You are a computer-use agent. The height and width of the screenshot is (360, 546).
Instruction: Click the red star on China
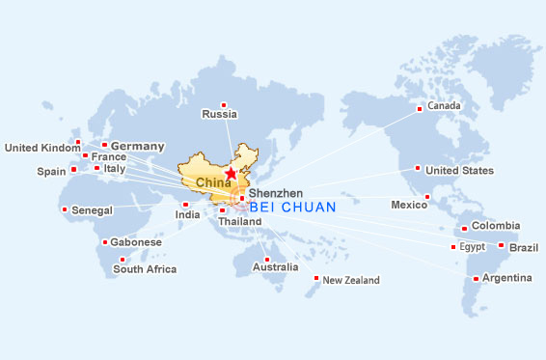coord(230,174)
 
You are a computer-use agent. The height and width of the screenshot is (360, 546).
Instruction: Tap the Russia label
coord(219,115)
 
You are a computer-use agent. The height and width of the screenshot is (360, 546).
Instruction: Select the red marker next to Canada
coord(420,108)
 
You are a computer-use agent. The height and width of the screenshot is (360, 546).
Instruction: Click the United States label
coord(459,171)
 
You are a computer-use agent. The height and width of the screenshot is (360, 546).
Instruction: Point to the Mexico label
coord(408,205)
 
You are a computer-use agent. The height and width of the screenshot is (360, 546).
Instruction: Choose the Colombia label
coord(496,228)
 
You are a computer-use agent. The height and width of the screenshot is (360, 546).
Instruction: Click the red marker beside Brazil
coord(501,245)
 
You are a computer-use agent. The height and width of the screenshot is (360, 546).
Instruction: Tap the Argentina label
coord(507,278)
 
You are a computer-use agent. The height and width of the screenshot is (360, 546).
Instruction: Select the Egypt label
coord(472,247)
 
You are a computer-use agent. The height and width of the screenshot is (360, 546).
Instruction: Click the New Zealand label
coord(351,281)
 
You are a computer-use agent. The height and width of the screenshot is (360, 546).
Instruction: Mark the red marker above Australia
coord(266,259)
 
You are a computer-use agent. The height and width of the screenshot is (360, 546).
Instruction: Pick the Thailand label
coord(239,222)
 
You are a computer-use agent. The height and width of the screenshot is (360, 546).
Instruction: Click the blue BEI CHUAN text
coord(292,207)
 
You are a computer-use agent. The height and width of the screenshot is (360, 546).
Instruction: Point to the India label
coord(187,214)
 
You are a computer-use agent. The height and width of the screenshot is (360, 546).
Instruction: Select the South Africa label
coord(145,269)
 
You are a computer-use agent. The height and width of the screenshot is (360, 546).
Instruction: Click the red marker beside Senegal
coord(65,209)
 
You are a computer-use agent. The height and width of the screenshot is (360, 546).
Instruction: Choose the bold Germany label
coord(138,146)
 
